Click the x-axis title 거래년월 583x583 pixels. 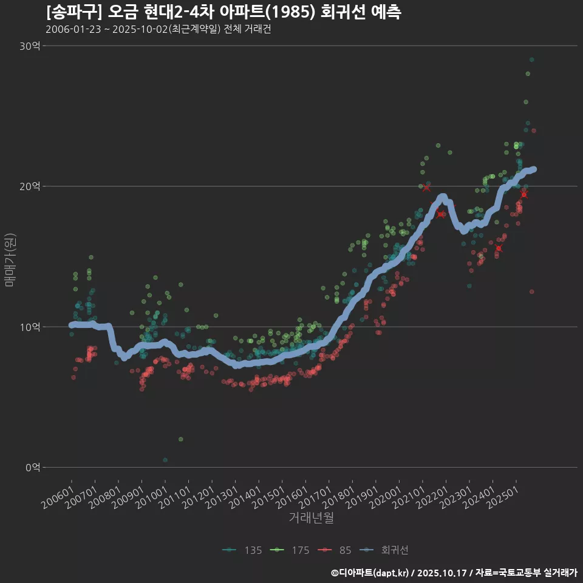(311, 518)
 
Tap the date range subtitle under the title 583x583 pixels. (158, 30)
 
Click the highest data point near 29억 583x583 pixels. (531, 60)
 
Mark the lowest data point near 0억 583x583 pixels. (165, 460)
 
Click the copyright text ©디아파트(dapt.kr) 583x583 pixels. (370, 573)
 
